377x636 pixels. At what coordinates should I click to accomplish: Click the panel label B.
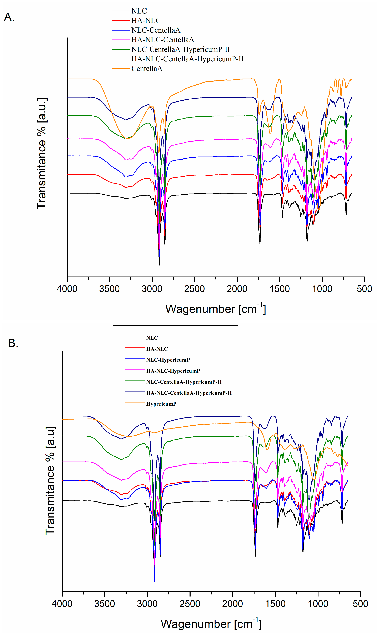(13, 343)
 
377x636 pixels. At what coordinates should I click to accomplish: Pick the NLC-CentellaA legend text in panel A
(156, 30)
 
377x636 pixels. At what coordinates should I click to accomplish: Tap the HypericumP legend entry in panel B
(161, 404)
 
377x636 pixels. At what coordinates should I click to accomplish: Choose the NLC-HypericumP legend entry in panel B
(168, 360)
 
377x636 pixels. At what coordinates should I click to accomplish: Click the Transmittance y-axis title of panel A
(42, 153)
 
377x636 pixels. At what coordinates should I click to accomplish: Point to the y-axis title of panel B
(50, 481)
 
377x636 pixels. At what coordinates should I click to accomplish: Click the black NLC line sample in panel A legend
(121, 11)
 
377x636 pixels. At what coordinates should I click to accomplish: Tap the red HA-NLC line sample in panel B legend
(135, 349)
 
